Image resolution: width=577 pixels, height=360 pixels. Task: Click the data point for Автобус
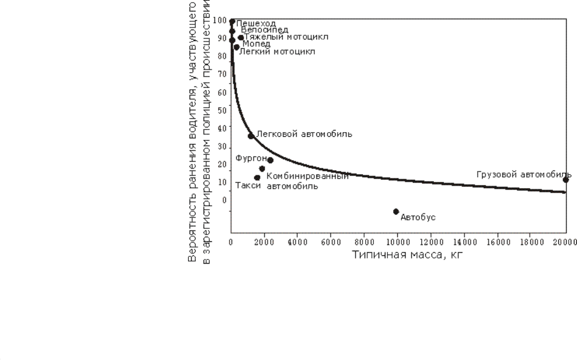[396, 211]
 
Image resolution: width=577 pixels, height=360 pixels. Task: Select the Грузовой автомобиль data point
[566, 180]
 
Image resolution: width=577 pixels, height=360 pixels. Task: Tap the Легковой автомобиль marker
[251, 136]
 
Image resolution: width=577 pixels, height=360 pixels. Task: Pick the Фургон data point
[270, 160]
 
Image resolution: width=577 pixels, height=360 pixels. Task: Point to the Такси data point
[257, 178]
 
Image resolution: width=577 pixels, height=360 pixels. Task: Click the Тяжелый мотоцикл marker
[241, 37]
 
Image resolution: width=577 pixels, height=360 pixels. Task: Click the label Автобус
[418, 217]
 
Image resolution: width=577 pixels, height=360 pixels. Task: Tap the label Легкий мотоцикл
[277, 52]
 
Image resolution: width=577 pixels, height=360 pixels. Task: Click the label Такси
[248, 186]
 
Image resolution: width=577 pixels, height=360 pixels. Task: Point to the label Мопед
[256, 44]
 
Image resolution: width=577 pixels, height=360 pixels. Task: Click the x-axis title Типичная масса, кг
[405, 255]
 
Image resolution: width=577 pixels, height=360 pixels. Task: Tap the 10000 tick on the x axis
[397, 242]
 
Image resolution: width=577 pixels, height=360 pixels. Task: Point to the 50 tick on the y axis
[223, 110]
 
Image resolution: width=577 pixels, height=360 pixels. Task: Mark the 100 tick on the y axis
[220, 21]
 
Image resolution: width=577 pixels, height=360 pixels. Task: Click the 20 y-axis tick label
[223, 165]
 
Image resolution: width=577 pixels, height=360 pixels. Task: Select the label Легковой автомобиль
[305, 134]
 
